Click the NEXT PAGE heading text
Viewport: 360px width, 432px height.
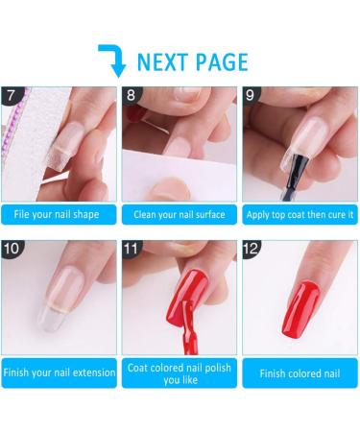coord(192,62)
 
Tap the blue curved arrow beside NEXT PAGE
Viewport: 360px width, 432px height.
coord(114,59)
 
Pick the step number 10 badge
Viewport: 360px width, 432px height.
coord(14,248)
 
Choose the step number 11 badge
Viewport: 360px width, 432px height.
coord(133,248)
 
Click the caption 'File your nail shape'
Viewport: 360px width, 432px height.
coord(60,214)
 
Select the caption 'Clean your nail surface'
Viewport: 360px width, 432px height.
coord(180,214)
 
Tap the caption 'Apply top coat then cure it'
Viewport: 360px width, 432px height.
coord(300,214)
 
